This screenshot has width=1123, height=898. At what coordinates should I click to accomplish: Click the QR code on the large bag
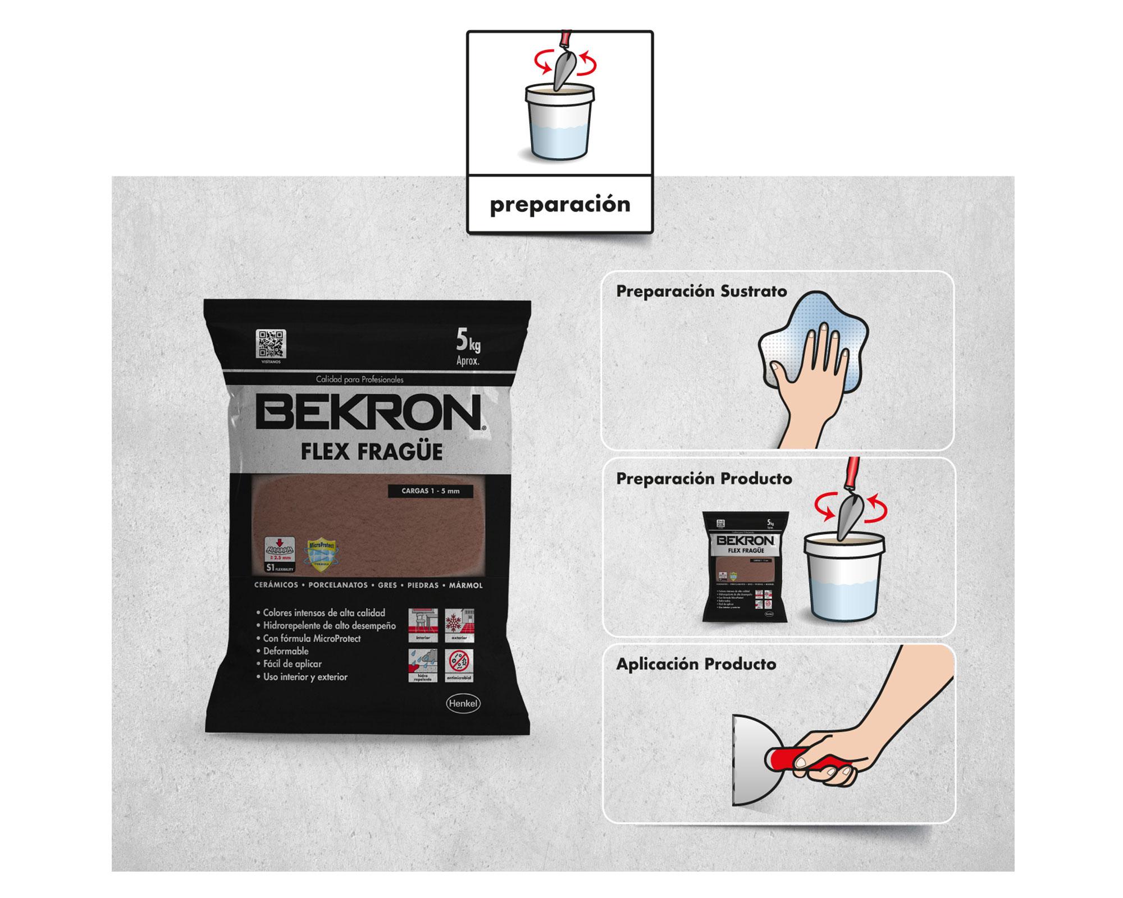(271, 343)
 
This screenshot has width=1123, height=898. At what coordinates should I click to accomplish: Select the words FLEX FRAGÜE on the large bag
(371, 452)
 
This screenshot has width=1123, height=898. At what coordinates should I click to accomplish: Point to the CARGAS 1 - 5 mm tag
(430, 491)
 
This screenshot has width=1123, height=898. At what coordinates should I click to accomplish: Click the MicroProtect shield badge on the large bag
(321, 555)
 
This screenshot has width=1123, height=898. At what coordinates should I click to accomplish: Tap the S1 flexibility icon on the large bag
(280, 555)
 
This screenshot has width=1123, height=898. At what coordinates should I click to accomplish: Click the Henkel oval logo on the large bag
(463, 703)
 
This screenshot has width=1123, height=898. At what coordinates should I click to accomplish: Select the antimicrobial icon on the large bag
(460, 665)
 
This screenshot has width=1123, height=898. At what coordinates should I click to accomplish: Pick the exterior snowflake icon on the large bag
(460, 625)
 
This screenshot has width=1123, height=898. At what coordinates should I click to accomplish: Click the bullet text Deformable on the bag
(286, 651)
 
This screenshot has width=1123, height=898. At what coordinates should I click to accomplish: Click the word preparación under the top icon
(560, 204)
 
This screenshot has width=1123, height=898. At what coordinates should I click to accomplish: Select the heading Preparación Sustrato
(701, 291)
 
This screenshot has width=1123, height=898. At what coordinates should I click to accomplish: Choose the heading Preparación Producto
(704, 479)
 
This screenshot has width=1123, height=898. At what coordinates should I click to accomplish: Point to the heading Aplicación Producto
(696, 664)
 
